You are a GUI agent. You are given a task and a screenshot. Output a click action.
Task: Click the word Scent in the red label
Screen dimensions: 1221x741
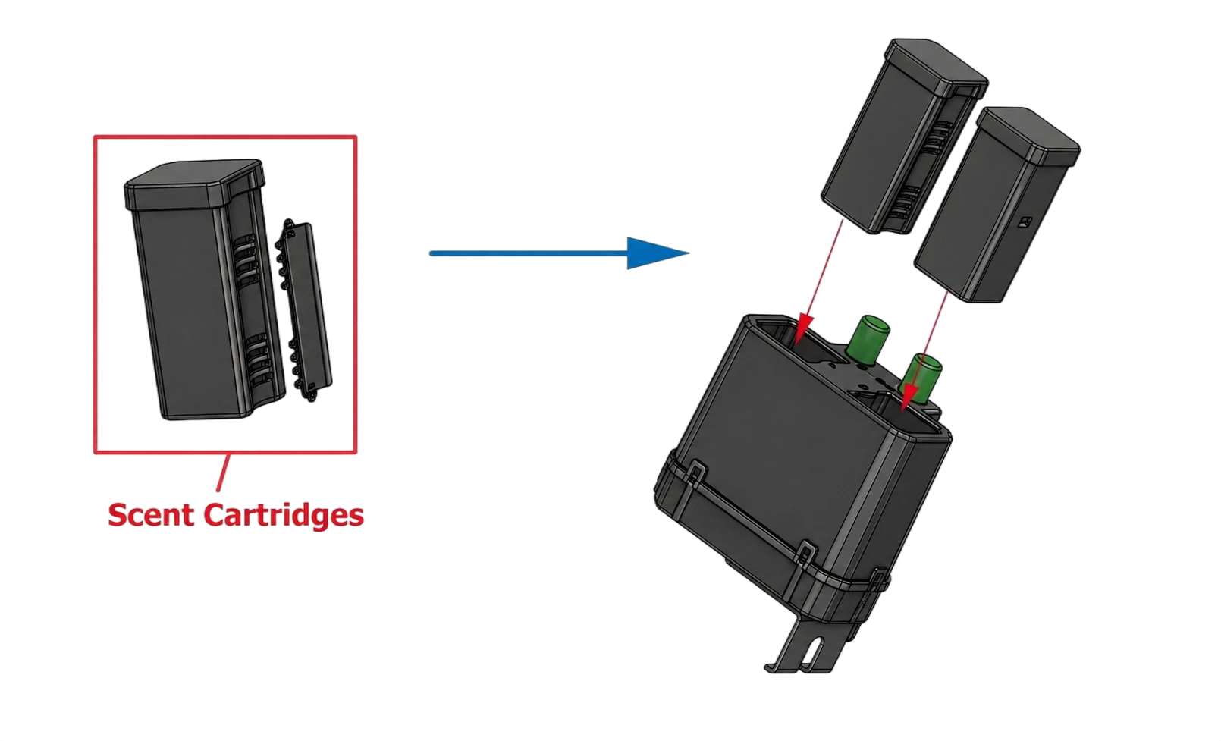[151, 515]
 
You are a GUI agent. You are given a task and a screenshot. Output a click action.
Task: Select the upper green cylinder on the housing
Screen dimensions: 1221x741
[868, 339]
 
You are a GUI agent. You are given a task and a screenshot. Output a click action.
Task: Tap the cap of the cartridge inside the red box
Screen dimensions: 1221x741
[195, 184]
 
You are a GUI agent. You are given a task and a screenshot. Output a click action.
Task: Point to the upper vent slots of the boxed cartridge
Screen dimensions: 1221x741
[246, 256]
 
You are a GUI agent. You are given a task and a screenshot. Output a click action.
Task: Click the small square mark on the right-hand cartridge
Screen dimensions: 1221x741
[1025, 222]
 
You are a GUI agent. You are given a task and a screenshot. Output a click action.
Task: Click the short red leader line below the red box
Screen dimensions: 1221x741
[224, 473]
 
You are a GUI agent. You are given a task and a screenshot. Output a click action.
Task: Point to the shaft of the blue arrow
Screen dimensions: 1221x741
[529, 253]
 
